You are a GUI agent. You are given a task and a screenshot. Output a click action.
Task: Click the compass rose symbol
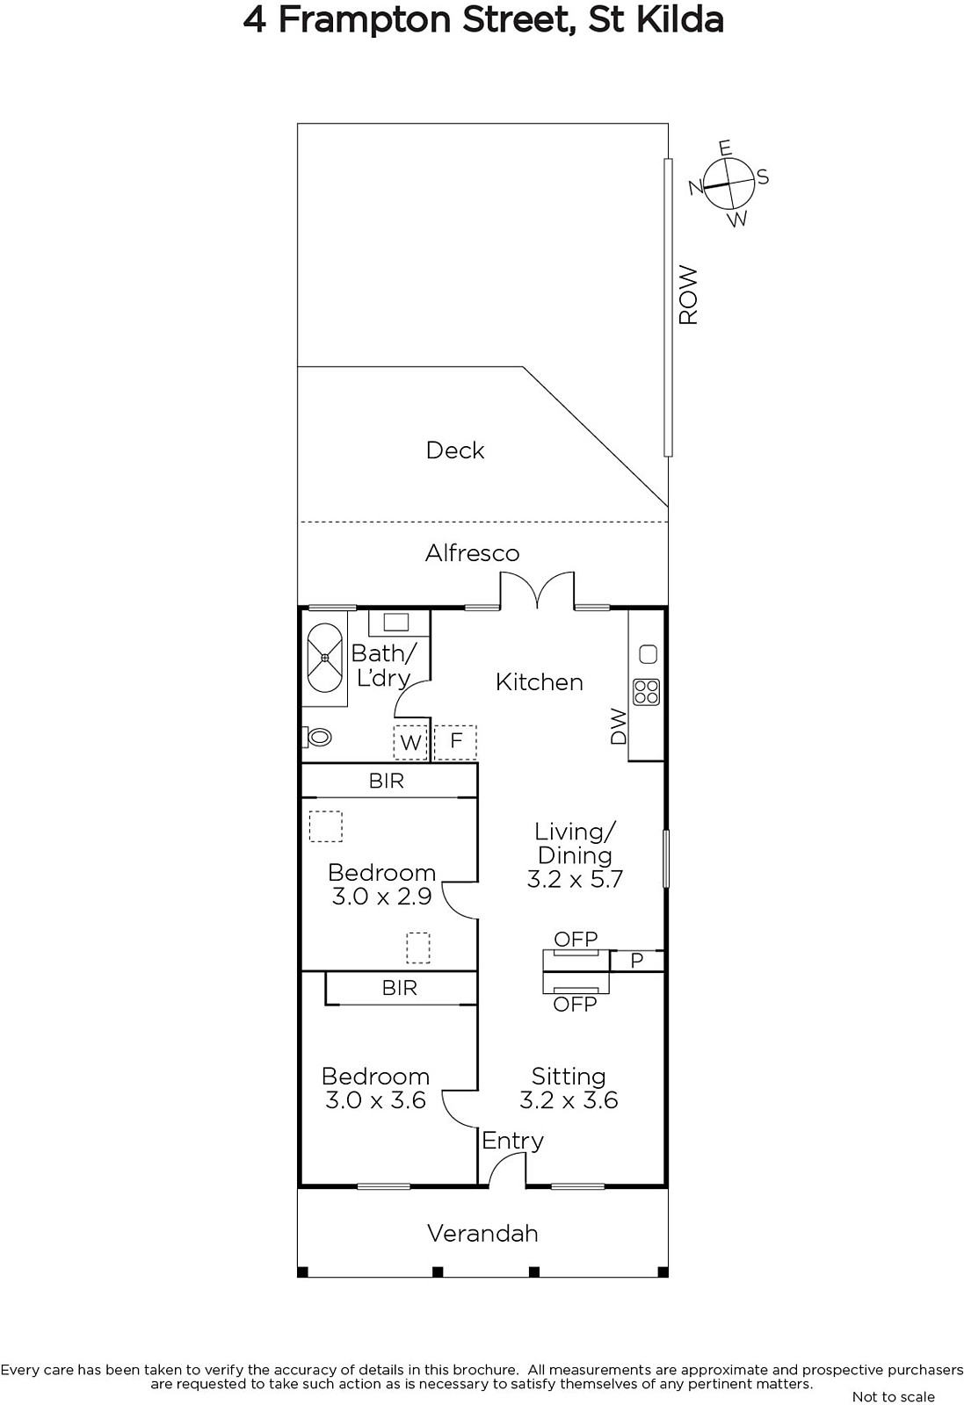(728, 184)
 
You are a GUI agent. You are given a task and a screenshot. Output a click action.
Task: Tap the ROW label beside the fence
(688, 295)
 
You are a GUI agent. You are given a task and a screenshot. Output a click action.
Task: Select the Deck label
(455, 450)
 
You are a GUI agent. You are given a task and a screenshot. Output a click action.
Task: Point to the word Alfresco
(473, 552)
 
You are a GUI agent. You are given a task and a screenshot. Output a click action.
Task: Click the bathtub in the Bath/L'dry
(324, 658)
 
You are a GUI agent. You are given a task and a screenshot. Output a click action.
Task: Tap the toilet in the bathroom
(317, 737)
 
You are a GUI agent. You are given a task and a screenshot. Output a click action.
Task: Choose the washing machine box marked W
(410, 743)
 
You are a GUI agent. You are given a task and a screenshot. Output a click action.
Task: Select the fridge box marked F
(456, 742)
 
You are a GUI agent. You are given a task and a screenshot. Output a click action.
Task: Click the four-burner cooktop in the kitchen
(647, 692)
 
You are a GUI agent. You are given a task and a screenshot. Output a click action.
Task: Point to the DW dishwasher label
(619, 726)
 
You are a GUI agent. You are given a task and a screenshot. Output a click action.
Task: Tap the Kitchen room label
(539, 681)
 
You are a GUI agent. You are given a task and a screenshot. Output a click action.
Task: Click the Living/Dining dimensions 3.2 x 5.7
(575, 879)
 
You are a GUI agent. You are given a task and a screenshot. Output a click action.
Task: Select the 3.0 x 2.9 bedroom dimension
(381, 897)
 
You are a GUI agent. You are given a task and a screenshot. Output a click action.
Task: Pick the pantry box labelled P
(636, 961)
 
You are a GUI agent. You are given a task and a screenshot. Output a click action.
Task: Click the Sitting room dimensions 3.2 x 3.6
(569, 1099)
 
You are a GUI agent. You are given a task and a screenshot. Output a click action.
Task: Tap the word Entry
(512, 1141)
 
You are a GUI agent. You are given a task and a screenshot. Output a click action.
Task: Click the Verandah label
(482, 1233)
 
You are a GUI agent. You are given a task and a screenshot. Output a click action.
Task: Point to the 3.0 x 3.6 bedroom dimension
(375, 1099)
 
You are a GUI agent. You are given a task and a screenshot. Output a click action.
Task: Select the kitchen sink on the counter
(648, 654)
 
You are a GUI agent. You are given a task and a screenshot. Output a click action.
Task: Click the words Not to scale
(893, 1397)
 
